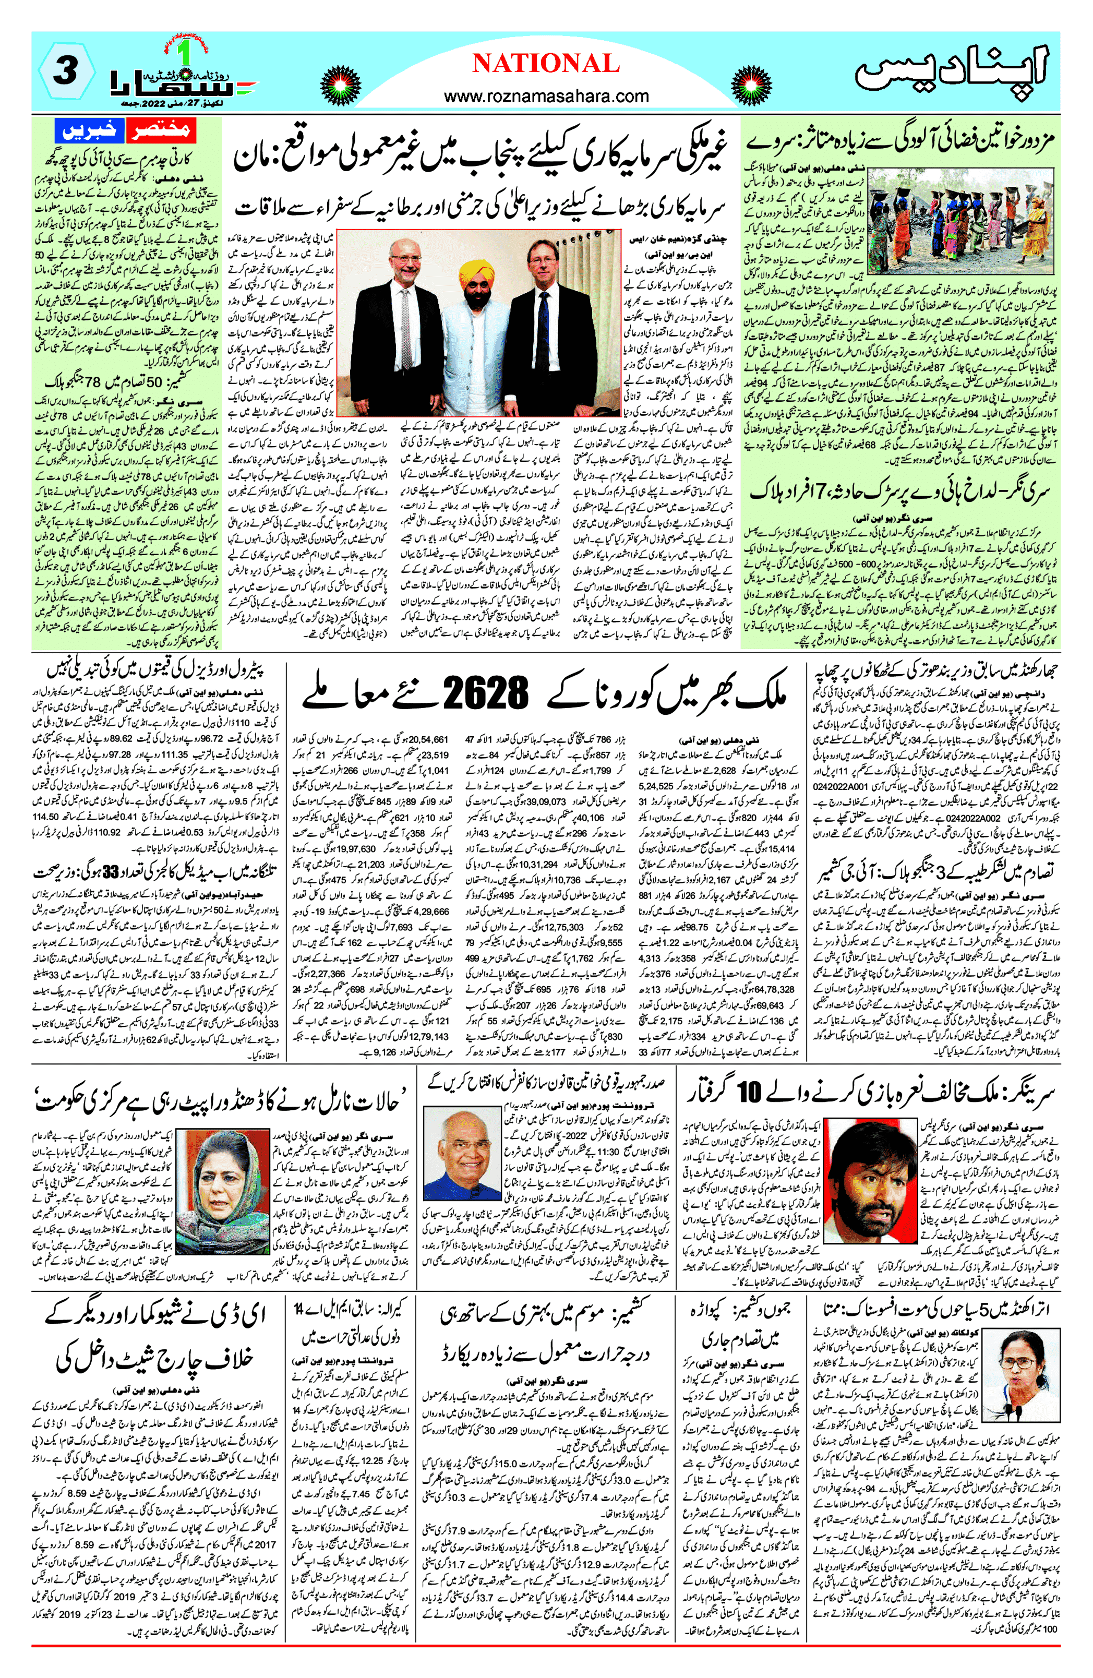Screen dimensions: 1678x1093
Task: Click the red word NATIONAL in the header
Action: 546,64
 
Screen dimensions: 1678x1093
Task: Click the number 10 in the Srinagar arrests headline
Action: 749,1094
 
